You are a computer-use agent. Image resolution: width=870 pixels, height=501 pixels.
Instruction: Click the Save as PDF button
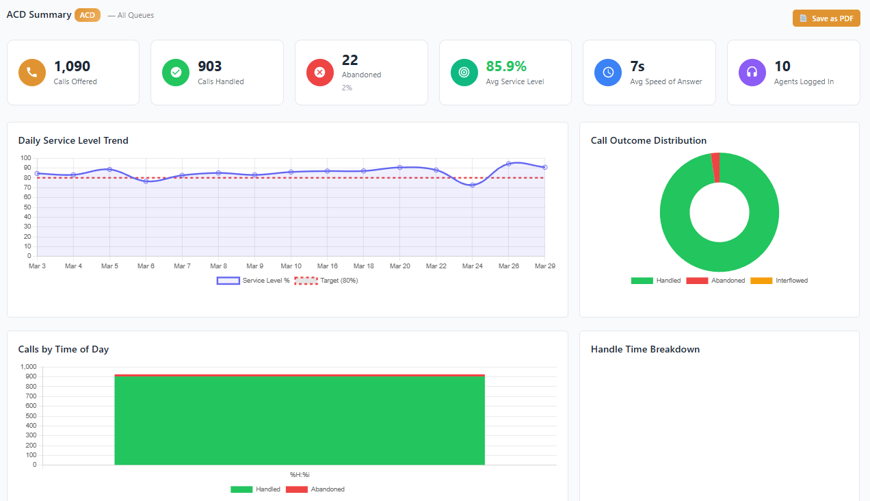click(826, 18)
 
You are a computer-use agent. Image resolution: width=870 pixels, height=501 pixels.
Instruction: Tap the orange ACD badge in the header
click(88, 15)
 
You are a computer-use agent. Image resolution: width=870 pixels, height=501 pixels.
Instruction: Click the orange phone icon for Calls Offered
click(32, 73)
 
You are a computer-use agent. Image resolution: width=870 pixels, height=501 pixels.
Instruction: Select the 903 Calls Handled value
click(210, 66)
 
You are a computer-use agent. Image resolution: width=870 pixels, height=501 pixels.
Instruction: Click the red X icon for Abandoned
click(319, 73)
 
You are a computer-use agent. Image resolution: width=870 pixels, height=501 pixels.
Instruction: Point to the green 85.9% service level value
click(506, 66)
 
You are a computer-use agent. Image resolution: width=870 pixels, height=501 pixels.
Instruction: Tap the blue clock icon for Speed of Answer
click(608, 73)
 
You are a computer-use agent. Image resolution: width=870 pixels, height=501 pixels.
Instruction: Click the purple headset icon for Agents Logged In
click(752, 73)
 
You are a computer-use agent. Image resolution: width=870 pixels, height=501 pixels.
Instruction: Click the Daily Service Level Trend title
click(73, 140)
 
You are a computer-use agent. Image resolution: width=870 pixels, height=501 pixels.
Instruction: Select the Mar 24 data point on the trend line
click(472, 185)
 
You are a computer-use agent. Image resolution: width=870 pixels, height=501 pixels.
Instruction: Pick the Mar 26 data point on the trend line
click(508, 164)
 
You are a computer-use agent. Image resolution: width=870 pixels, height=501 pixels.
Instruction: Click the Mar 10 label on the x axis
click(291, 266)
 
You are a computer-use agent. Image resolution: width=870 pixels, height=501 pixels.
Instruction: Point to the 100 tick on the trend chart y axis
click(27, 158)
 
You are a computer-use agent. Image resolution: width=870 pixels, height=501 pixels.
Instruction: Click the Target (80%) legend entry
click(327, 281)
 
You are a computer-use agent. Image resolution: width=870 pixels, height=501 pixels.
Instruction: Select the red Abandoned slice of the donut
click(715, 168)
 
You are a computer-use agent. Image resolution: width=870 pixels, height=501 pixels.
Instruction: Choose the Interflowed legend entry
click(780, 281)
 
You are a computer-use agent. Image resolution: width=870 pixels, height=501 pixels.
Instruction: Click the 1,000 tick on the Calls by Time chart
click(28, 367)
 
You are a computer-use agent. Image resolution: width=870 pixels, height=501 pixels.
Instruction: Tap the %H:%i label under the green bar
click(300, 475)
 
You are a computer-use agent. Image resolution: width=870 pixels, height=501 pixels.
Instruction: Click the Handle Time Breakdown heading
click(645, 349)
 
